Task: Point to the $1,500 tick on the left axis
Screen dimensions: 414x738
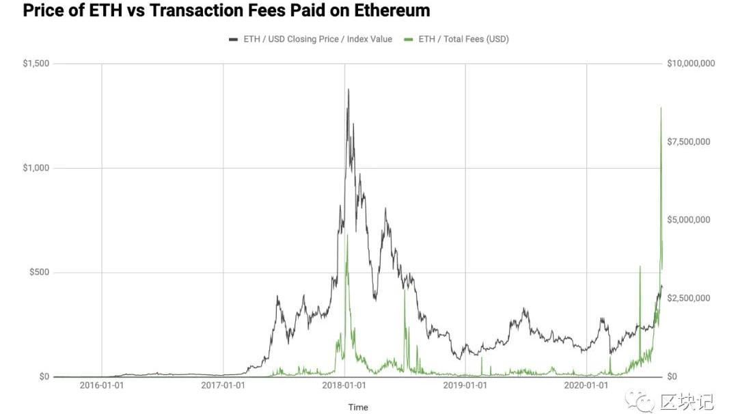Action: (36, 64)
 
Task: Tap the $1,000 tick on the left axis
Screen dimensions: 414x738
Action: (36, 168)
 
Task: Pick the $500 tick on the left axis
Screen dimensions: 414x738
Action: (38, 273)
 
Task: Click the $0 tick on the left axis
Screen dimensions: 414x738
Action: (43, 376)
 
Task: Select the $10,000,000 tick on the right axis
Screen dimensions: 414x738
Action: (690, 64)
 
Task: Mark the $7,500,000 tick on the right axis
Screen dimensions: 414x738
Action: (688, 141)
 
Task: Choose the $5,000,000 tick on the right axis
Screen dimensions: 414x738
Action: (688, 220)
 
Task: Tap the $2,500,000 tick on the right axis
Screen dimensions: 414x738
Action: (688, 299)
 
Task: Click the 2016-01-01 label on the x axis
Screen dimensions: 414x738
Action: (101, 386)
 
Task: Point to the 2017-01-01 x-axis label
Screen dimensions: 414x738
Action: (223, 386)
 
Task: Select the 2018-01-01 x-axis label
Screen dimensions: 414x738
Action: (344, 386)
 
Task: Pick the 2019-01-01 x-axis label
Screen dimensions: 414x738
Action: (465, 386)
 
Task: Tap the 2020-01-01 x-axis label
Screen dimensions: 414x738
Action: (586, 386)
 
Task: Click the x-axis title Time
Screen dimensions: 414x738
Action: (358, 407)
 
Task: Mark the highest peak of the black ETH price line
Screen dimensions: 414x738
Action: (348, 89)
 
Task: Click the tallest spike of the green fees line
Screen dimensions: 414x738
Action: (661, 108)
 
